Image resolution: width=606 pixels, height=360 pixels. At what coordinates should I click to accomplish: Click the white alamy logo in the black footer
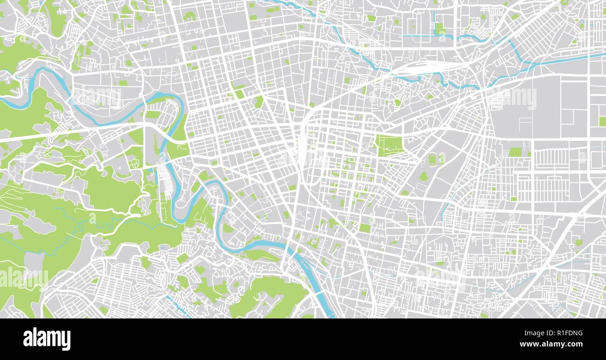[x=47, y=339]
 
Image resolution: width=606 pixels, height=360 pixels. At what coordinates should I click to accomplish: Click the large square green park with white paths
[x=390, y=145]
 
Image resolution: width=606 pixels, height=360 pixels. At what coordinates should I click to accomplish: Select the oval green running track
[x=432, y=159]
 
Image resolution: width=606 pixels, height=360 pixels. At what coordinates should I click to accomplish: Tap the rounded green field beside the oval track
[x=441, y=159]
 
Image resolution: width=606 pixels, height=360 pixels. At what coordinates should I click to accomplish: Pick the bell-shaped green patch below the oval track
[x=423, y=176]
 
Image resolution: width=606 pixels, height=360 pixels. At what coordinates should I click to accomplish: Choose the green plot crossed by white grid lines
[x=134, y=163]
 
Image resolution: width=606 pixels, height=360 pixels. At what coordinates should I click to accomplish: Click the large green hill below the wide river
[x=270, y=296]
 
